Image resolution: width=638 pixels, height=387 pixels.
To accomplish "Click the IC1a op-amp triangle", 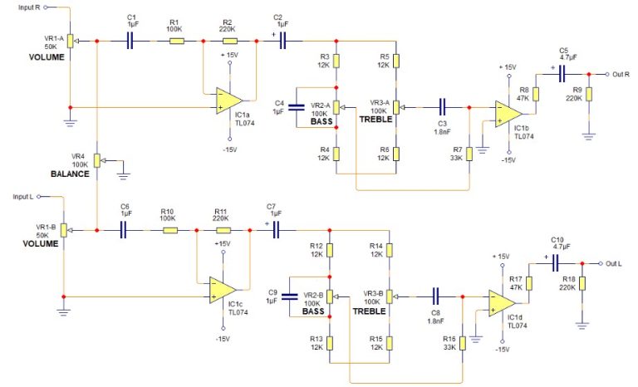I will (218, 100).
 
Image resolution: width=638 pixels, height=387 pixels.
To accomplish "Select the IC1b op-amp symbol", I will (504, 112).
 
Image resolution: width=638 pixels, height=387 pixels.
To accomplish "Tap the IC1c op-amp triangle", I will (218, 291).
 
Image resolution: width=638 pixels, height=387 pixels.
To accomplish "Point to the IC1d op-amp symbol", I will (500, 303).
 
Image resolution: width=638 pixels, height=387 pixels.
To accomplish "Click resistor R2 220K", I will (227, 40).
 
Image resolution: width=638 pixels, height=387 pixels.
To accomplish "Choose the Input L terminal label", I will (23, 197).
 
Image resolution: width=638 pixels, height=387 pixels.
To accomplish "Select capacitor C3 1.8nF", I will (442, 106).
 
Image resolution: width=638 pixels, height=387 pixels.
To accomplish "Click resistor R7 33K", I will (471, 154).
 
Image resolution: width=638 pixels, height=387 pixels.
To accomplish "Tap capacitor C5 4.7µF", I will (562, 73).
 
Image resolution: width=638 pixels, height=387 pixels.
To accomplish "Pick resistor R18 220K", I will (583, 285).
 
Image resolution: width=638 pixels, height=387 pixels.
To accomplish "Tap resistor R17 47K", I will (530, 282).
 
